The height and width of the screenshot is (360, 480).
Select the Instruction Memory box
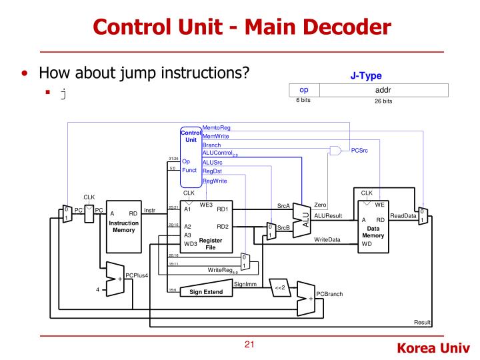pyautogui.click(x=124, y=224)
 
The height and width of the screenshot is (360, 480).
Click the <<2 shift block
pyautogui.click(x=280, y=288)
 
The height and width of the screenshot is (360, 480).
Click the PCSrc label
pyautogui.click(x=361, y=151)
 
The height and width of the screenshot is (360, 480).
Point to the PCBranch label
pyautogui.click(x=329, y=294)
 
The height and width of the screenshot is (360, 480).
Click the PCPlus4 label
pyautogui.click(x=137, y=274)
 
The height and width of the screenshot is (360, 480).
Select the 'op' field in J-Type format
pyautogui.click(x=304, y=90)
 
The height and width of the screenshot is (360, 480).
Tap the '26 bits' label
pyautogui.click(x=379, y=101)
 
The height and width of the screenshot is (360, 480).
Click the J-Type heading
pyautogui.click(x=365, y=75)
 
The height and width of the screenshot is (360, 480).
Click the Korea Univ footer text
pyautogui.click(x=433, y=348)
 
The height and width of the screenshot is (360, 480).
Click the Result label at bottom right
pyautogui.click(x=423, y=323)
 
